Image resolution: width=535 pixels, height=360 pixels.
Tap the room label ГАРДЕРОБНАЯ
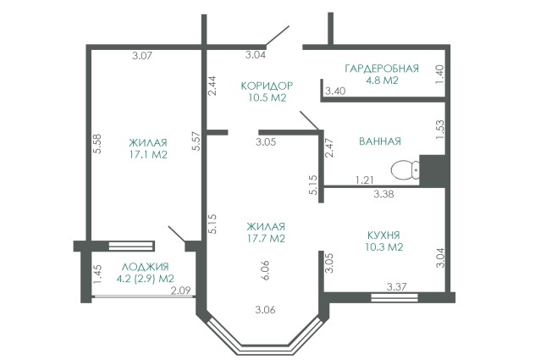tap(382, 69)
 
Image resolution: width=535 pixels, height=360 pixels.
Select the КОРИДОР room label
tap(267, 86)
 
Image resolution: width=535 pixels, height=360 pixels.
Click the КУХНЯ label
tap(383, 235)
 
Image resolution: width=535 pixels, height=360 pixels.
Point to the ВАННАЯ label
tap(380, 141)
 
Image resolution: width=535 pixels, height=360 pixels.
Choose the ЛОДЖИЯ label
tap(145, 267)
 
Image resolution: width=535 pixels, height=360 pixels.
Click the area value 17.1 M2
tap(148, 155)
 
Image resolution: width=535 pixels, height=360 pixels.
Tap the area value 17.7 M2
tap(266, 238)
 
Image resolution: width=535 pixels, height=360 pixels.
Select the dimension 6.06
tap(266, 270)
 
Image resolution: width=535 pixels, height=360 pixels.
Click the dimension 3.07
tap(142, 55)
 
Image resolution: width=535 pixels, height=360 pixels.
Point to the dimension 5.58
tap(97, 143)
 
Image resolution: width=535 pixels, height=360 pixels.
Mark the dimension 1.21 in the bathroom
tap(364, 180)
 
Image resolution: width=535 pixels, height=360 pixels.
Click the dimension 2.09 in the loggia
tap(180, 291)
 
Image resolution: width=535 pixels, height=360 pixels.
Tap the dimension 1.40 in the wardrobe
tap(440, 75)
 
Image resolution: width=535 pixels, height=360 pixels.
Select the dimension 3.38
tap(383, 194)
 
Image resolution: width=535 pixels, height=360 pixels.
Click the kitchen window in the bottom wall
tap(394, 297)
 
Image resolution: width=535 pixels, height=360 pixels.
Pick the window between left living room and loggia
tap(130, 246)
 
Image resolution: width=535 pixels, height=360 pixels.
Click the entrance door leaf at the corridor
tap(278, 36)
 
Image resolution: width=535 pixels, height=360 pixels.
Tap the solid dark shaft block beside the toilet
tap(433, 171)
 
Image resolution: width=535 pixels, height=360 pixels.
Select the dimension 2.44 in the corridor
tap(212, 86)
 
